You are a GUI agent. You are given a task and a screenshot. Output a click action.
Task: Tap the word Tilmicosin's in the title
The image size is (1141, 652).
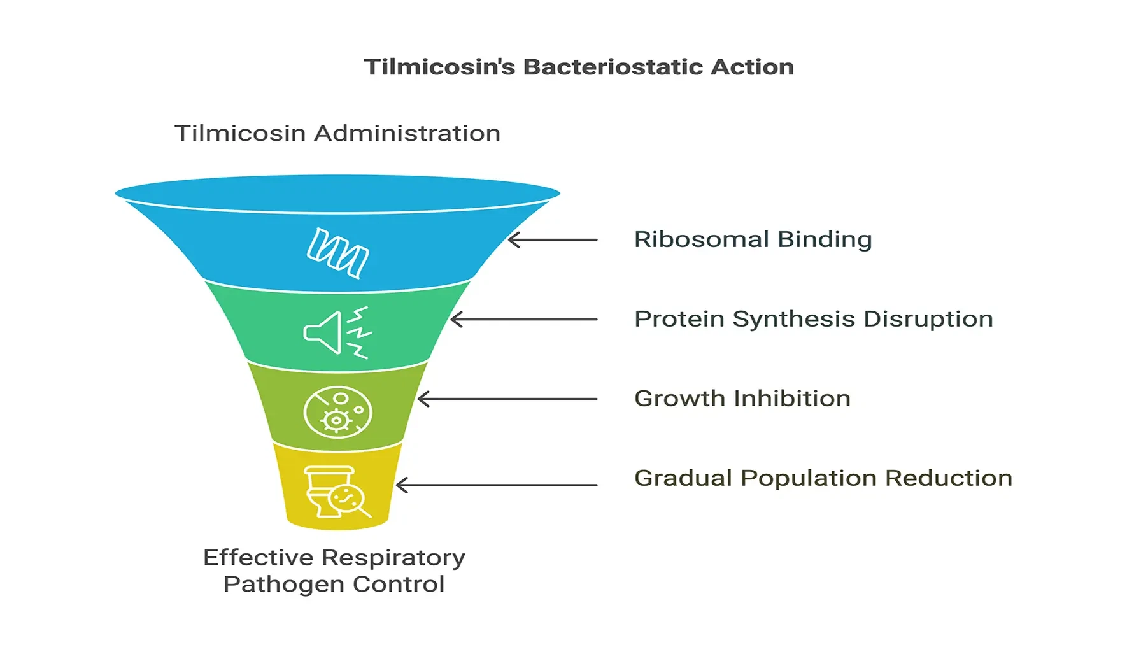(x=439, y=67)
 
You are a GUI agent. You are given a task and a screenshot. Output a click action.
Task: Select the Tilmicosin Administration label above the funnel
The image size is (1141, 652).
(x=337, y=133)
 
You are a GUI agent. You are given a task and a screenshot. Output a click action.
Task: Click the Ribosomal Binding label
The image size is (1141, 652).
(x=753, y=239)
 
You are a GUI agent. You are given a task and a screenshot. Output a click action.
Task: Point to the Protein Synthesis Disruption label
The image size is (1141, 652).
(x=813, y=319)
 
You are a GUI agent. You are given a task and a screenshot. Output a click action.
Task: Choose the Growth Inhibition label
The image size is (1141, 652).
(x=742, y=399)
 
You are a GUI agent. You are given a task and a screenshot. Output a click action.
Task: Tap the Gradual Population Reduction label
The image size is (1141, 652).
(x=823, y=478)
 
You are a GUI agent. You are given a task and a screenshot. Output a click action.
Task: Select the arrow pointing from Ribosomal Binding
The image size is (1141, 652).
(x=553, y=240)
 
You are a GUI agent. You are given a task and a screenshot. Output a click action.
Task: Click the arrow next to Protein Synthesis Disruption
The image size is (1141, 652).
(x=523, y=319)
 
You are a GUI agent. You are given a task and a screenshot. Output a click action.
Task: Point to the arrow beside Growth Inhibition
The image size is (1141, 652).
(x=507, y=399)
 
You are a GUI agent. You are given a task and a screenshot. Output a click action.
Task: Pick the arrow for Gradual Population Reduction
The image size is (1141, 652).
(x=496, y=485)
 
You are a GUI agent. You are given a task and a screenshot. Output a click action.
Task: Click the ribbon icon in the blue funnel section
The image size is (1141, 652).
(x=337, y=253)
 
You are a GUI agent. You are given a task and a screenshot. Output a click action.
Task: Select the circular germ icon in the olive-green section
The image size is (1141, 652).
(x=337, y=412)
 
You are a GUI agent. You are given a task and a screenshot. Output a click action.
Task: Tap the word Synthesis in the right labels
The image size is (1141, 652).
(x=793, y=319)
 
